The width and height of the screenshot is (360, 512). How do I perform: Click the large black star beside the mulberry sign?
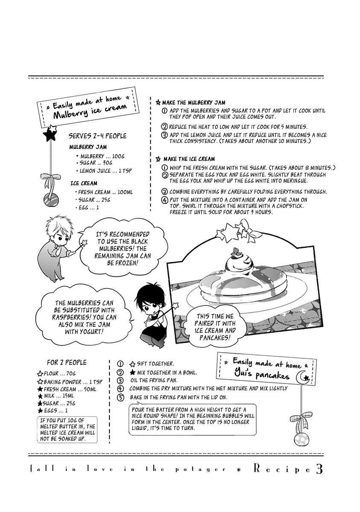click(50, 135)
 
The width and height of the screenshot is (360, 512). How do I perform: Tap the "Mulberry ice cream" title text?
click(90, 111)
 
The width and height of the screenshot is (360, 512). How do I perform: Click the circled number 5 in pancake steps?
click(120, 398)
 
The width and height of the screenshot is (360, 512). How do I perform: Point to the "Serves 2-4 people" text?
click(97, 136)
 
